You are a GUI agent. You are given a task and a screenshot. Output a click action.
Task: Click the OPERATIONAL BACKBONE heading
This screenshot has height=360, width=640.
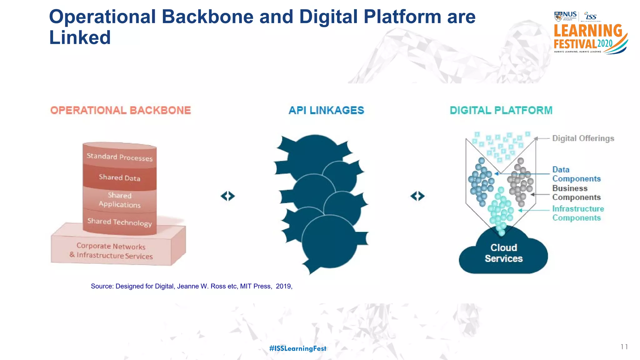[121, 110]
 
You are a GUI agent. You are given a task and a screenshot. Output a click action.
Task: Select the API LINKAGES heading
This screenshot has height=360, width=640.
[326, 110]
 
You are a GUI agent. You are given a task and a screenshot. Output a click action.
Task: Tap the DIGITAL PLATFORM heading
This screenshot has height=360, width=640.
[501, 110]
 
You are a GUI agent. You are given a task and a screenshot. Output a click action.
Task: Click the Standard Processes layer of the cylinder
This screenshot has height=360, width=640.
[120, 157]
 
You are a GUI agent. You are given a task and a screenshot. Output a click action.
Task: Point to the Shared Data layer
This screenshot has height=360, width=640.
[120, 177]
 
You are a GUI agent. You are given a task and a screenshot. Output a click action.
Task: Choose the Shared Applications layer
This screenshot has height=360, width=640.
[120, 200]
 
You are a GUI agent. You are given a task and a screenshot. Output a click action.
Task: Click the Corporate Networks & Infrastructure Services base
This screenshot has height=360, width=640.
[111, 251]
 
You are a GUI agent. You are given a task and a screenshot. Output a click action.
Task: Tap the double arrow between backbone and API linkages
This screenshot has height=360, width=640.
[227, 196]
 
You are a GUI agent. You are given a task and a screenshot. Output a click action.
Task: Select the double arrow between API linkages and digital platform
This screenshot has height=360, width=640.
[417, 196]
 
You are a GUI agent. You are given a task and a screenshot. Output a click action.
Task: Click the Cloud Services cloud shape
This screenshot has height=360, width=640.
[503, 253]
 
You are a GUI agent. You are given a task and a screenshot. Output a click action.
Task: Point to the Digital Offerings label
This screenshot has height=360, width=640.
[583, 138]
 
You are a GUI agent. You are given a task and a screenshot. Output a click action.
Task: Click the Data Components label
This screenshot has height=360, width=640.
[576, 174]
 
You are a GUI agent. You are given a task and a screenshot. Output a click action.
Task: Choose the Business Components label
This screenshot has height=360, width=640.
[576, 193]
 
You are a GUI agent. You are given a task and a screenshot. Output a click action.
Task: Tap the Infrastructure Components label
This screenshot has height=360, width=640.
[578, 213]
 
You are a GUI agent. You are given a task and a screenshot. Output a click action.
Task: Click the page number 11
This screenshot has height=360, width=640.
[624, 347]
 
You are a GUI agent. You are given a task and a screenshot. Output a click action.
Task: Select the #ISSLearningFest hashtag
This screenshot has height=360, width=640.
[297, 348]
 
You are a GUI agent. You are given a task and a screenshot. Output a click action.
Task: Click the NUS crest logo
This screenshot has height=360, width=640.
[558, 16]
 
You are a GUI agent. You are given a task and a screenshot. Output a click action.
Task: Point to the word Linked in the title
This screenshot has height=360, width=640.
[80, 37]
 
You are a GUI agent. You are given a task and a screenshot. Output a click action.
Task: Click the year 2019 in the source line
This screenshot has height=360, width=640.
[283, 286]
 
